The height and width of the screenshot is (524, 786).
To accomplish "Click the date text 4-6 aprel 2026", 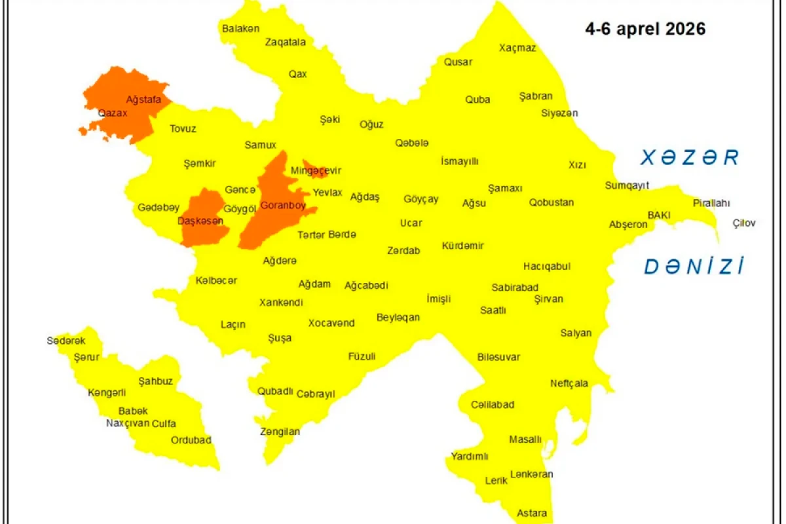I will (x=645, y=29).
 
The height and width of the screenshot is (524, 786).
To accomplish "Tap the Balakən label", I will (x=240, y=29).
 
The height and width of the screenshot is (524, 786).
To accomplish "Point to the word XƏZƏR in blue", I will (x=690, y=158).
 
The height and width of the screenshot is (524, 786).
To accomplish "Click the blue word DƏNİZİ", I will (x=694, y=267).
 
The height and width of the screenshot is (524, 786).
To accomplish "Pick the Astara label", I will (x=531, y=513).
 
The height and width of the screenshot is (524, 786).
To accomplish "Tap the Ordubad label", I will (x=191, y=440).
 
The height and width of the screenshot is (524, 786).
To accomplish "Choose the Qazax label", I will (x=113, y=113).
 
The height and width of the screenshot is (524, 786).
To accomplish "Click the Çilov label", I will (x=743, y=223).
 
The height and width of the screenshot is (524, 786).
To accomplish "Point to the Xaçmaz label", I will (x=517, y=48).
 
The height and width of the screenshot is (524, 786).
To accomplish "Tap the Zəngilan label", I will (x=280, y=432).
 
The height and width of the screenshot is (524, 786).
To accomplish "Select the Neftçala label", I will (x=569, y=383).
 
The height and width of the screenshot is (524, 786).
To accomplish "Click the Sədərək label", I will (x=65, y=341).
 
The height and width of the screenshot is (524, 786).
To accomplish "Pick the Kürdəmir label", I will (x=462, y=246).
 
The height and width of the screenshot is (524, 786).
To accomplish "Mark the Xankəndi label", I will (x=281, y=303).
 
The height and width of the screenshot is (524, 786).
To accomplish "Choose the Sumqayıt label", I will (x=626, y=185).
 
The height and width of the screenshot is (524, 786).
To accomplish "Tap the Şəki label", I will (x=330, y=119).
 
